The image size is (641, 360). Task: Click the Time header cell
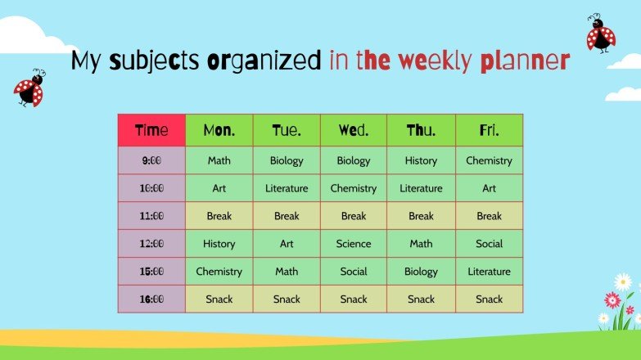(151, 130)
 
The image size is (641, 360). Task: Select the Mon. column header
(219, 130)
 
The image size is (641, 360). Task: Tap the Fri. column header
(489, 130)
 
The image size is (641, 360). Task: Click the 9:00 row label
(151, 160)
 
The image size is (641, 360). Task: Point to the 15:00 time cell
(151, 271)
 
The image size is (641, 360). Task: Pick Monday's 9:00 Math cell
(219, 160)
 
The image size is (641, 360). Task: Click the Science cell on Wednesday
(354, 244)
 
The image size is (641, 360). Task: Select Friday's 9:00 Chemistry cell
(489, 160)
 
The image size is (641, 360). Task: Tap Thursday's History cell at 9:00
(421, 160)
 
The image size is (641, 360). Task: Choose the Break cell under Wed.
(354, 216)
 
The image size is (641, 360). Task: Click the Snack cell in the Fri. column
(489, 299)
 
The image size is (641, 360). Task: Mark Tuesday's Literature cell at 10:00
(287, 188)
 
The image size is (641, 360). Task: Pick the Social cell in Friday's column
(489, 244)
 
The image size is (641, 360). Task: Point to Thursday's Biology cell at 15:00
(421, 271)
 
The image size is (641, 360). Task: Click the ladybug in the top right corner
(600, 34)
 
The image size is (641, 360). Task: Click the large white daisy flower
(623, 282)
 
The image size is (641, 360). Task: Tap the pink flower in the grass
(612, 299)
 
